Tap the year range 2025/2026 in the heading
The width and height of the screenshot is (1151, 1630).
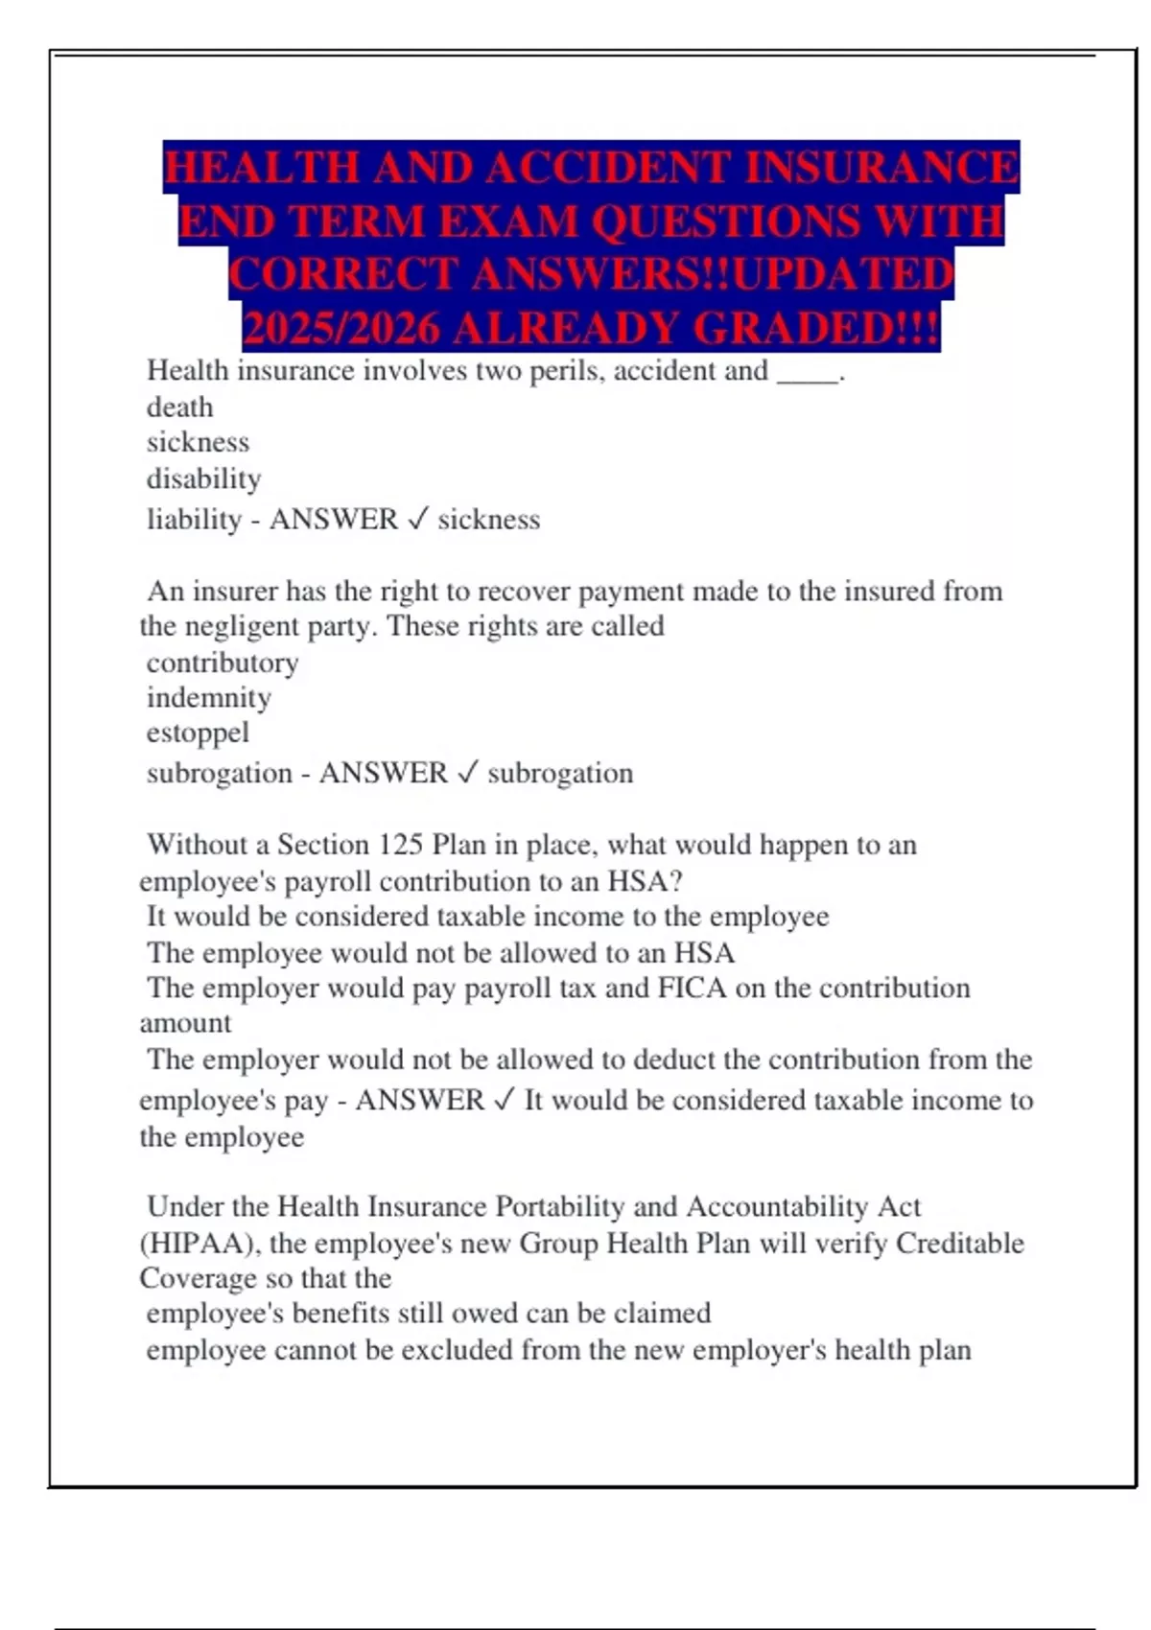click(x=341, y=329)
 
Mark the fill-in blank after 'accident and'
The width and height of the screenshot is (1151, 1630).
click(x=807, y=372)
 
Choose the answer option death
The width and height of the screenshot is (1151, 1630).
click(x=179, y=407)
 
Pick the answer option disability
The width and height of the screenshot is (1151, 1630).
click(x=203, y=478)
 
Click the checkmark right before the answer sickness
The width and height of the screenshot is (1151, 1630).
click(x=417, y=520)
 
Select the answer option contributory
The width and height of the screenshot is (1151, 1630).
click(x=223, y=663)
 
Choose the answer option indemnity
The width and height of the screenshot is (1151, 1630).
click(x=208, y=697)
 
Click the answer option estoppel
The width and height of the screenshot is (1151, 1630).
click(x=198, y=733)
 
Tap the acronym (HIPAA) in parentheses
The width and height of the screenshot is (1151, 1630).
click(x=200, y=1244)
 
